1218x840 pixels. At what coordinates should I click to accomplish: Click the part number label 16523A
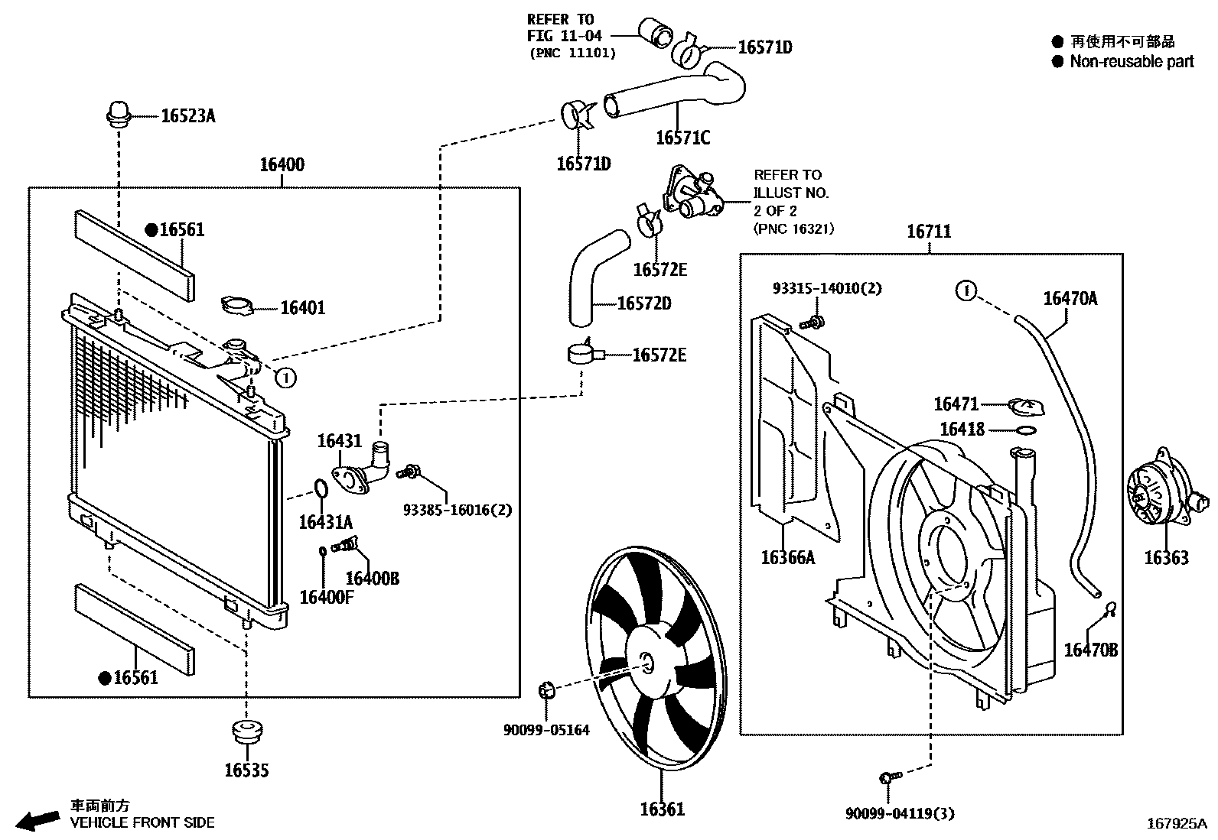pos(187,116)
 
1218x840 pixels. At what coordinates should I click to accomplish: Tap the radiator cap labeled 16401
pos(236,306)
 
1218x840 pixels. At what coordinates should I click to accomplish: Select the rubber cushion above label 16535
pos(247,732)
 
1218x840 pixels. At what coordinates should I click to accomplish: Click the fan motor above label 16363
pos(1156,498)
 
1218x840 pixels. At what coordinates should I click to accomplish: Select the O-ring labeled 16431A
pos(321,488)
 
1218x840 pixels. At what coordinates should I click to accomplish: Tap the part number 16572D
pos(644,303)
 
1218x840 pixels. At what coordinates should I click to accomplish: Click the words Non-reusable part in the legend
pos(1131,62)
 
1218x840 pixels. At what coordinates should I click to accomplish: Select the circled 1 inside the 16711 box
pos(967,290)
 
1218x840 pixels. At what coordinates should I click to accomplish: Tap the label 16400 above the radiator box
pos(282,164)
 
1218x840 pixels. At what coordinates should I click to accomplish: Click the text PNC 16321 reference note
pos(793,229)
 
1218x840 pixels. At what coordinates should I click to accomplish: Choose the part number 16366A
pos(787,557)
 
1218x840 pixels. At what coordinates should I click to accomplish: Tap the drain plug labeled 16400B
pos(347,545)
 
